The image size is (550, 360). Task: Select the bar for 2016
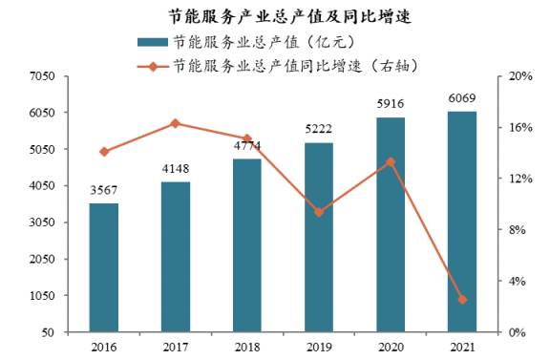click(104, 267)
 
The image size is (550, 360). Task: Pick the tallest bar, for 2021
click(462, 222)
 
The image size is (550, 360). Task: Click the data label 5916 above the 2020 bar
click(391, 104)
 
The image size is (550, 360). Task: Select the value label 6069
click(462, 97)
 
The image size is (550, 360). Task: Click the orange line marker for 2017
click(176, 123)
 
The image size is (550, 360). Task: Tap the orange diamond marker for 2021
click(462, 300)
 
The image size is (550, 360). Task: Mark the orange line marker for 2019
click(319, 212)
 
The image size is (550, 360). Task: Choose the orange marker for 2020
click(391, 161)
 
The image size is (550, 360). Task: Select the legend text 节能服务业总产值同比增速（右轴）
click(296, 66)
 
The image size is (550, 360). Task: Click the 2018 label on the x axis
click(247, 346)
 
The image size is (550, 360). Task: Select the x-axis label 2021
click(462, 346)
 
